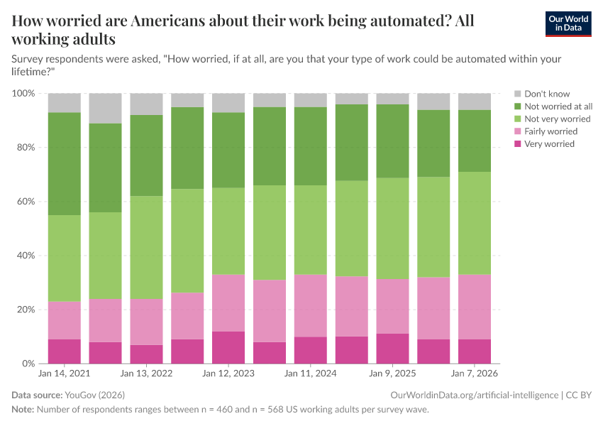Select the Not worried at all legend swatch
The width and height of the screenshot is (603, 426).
(x=517, y=106)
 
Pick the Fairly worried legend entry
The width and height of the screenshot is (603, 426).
(x=550, y=131)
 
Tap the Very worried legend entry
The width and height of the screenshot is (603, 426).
(x=548, y=144)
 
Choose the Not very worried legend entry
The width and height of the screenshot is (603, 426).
(x=557, y=119)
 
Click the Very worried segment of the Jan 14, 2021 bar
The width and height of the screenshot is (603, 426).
(x=64, y=351)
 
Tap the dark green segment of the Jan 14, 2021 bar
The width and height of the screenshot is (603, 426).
(x=64, y=163)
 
